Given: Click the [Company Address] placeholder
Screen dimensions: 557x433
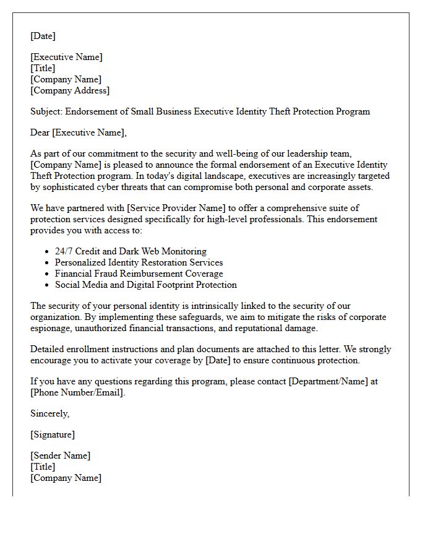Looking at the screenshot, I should [70, 91].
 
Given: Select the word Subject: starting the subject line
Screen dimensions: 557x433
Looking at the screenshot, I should [46, 112].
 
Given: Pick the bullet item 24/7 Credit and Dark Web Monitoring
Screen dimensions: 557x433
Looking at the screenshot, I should [131, 252].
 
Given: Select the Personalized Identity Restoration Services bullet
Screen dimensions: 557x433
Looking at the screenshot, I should [139, 263].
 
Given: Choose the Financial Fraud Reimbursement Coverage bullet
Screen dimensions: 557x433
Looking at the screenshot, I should [139, 274].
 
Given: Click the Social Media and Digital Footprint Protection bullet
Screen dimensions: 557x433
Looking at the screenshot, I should [145, 285].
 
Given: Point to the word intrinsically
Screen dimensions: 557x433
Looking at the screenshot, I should [225, 306].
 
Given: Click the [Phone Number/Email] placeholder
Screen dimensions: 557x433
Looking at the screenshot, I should [77, 393].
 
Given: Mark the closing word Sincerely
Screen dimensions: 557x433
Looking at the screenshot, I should [49, 414].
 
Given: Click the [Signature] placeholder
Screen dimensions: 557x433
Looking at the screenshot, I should [53, 434].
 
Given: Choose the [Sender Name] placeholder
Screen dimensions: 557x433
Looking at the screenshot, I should [60, 456].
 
